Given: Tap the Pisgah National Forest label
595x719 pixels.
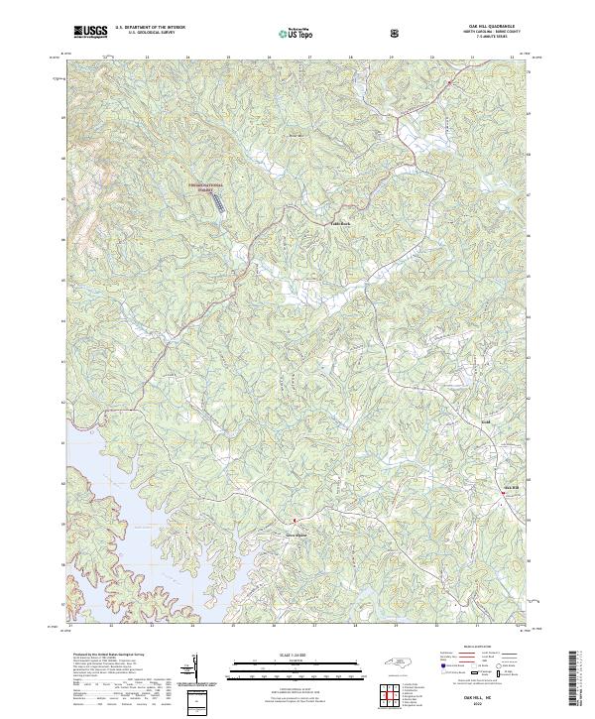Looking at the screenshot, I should (x=207, y=185).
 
